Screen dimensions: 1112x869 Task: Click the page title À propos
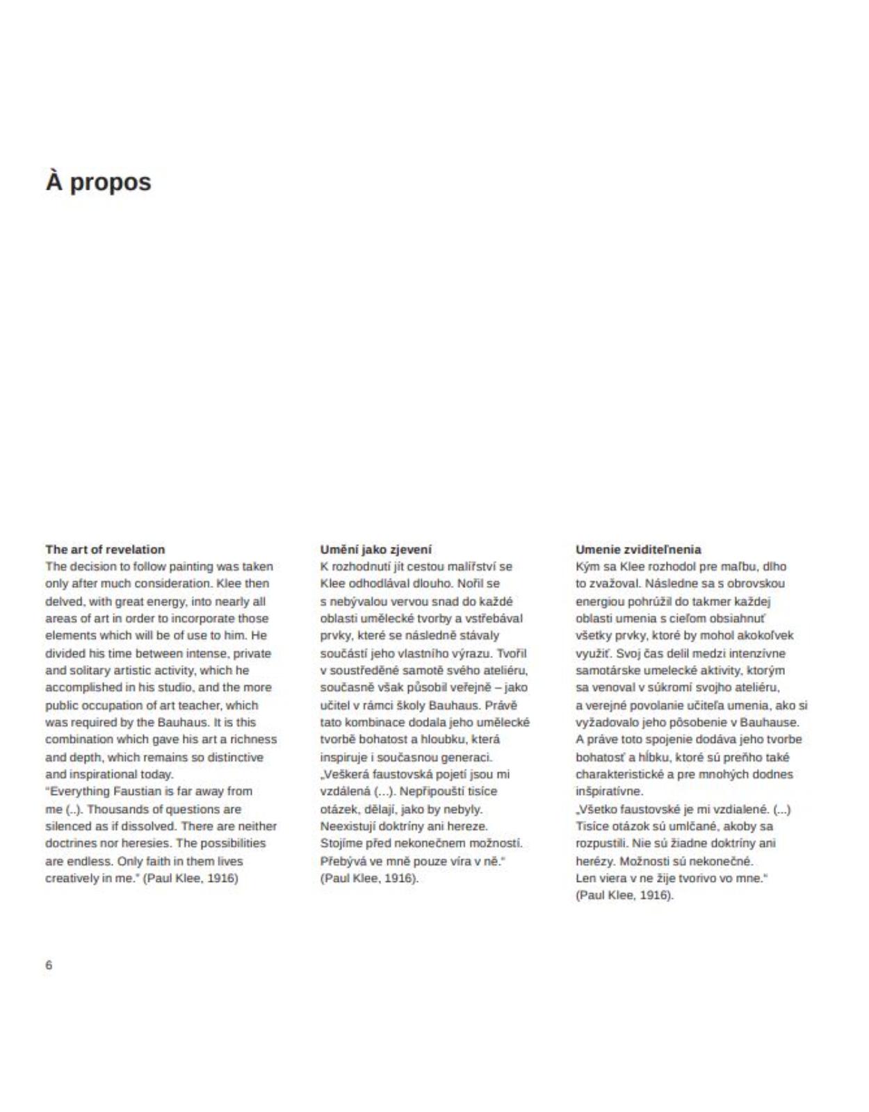pos(98,182)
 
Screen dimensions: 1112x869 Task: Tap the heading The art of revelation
pos(105,549)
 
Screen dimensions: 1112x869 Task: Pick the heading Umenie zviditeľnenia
pos(637,549)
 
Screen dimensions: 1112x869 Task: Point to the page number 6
pos(49,965)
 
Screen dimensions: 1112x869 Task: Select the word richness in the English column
pos(254,739)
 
